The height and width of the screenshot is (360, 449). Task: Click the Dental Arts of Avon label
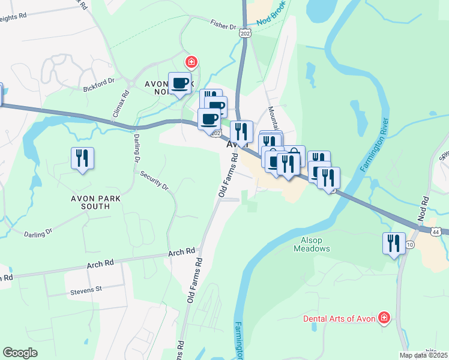coord(339,319)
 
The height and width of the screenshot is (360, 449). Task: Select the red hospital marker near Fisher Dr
coord(191,62)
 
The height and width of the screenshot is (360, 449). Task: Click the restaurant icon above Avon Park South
coord(82,158)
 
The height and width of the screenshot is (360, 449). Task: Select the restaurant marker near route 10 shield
coord(393,243)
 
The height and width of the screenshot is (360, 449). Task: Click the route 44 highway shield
coord(436,231)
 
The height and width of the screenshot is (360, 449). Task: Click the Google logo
coord(20,353)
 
